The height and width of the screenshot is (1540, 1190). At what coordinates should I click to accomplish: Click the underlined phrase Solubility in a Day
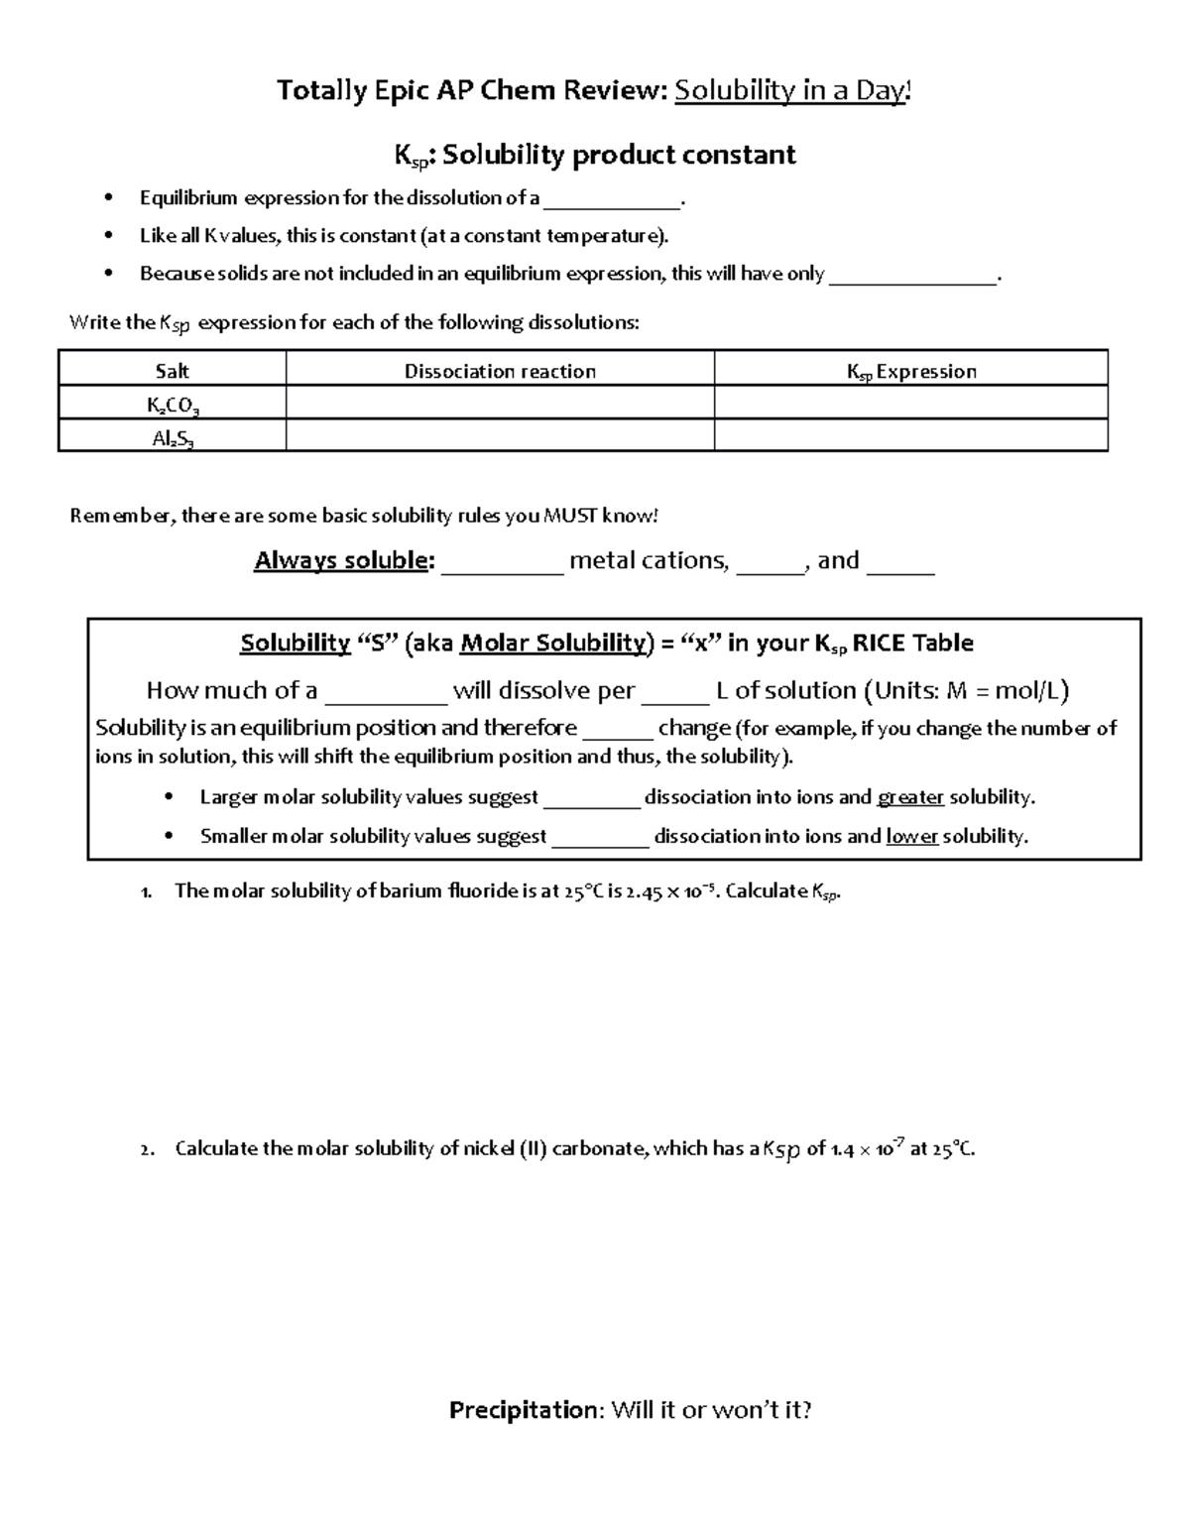[789, 91]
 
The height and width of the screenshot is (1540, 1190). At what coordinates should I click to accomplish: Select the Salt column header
[172, 371]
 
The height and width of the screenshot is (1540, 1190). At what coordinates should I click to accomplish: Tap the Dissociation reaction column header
[500, 371]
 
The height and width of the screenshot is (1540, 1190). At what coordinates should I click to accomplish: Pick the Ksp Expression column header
[910, 371]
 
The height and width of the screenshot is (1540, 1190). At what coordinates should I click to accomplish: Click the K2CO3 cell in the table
[172, 405]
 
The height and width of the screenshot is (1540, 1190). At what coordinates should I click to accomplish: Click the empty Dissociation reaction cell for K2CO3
[500, 403]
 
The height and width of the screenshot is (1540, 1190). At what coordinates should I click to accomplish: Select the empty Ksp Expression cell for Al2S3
[910, 435]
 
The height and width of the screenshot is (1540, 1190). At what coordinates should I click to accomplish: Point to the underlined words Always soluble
[343, 560]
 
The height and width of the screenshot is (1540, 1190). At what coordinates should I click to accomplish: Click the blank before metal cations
[502, 563]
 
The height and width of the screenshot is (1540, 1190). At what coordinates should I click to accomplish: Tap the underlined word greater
[910, 797]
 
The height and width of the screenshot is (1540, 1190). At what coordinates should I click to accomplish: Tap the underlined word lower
[911, 836]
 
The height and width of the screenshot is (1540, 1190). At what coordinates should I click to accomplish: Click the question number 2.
[147, 1149]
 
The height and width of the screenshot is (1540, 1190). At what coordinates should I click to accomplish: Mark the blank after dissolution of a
[612, 200]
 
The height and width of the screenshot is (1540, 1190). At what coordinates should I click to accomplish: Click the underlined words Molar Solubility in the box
[553, 643]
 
